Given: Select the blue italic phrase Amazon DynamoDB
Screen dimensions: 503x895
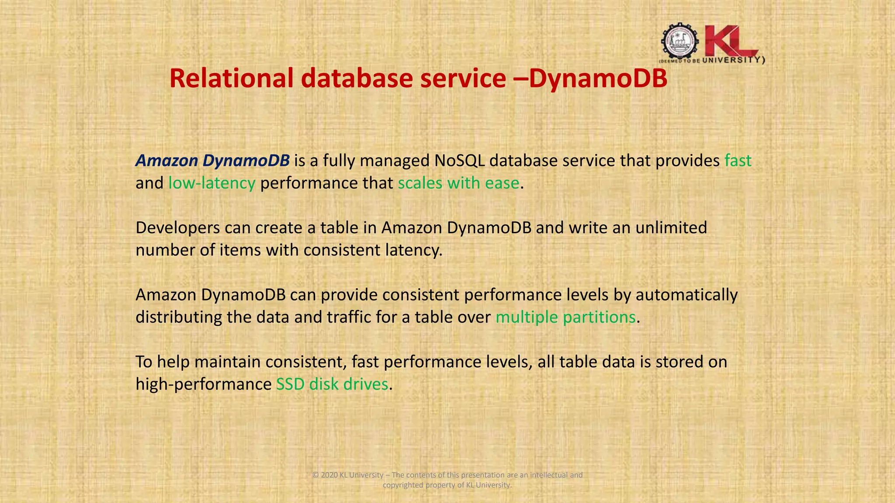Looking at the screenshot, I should pyautogui.click(x=212, y=161).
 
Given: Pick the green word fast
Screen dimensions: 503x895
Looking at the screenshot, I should pyautogui.click(x=738, y=161).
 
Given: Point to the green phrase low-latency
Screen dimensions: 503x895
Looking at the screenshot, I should pyautogui.click(x=212, y=183).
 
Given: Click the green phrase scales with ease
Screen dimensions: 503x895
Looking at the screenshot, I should pyautogui.click(x=458, y=183).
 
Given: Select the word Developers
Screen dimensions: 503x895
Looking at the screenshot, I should pyautogui.click(x=177, y=228).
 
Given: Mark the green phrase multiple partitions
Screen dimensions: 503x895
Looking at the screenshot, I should pyautogui.click(x=565, y=317).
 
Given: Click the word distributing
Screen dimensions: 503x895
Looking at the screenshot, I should pyautogui.click(x=179, y=317).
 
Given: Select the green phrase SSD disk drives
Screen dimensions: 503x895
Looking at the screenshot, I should pyautogui.click(x=332, y=384).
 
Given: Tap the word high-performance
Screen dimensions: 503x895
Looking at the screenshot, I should pyautogui.click(x=204, y=384).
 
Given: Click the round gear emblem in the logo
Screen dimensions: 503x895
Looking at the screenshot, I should pyautogui.click(x=679, y=41).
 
